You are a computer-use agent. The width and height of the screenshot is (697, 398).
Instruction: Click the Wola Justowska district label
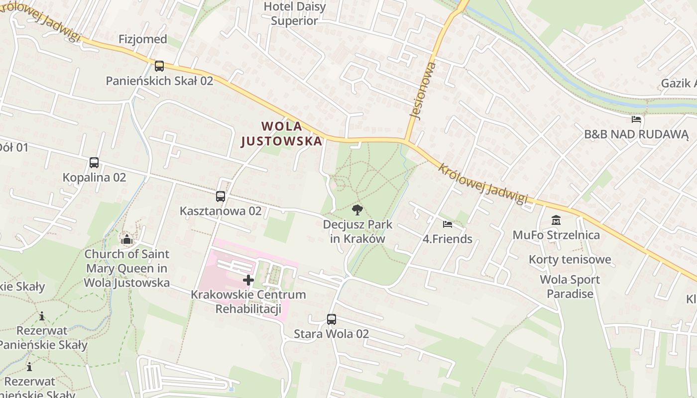coord(282,134)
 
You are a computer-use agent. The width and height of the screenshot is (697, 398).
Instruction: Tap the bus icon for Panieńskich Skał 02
coord(159,66)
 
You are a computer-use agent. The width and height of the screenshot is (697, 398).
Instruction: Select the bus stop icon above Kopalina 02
coord(94,162)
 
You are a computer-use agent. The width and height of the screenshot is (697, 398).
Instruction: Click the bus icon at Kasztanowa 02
coord(221,196)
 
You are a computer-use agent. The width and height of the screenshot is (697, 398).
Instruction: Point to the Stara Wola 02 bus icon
coord(332,319)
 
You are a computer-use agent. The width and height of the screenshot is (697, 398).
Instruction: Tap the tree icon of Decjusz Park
coord(357,209)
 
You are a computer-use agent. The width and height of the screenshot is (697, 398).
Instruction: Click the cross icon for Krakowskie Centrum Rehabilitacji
coord(248,280)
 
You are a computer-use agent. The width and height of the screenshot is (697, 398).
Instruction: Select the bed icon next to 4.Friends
coord(448,224)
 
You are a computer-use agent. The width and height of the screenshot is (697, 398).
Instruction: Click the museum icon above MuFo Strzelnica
coord(556,220)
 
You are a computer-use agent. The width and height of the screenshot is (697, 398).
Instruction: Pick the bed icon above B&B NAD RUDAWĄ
coord(636,119)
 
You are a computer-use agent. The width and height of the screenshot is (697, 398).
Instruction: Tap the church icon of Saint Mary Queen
coord(127,240)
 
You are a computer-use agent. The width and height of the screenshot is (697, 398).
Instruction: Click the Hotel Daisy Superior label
coord(295,14)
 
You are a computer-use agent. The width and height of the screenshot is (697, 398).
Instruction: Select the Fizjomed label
coord(143,39)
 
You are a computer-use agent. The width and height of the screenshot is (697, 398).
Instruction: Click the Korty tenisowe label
coord(570,259)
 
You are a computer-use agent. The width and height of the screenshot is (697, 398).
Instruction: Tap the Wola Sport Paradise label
coord(570,287)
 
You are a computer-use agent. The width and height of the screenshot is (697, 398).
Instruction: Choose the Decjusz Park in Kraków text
coord(357,231)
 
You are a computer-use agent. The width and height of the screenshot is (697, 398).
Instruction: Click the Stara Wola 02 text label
coord(331,333)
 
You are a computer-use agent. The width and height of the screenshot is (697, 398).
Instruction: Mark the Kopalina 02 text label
coord(94,177)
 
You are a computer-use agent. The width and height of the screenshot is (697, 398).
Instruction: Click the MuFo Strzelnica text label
coord(556,234)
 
